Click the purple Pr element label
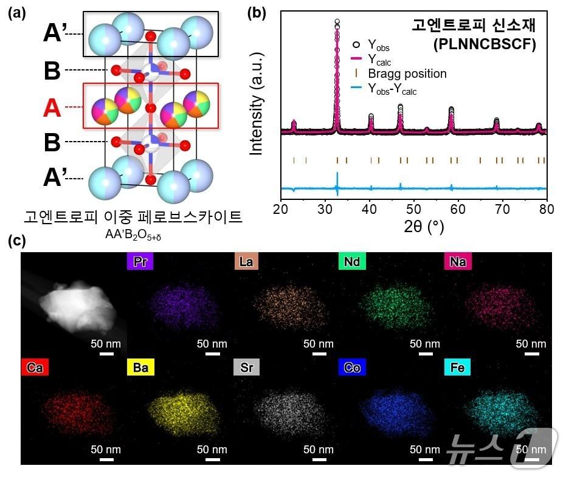point(140,262)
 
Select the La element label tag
point(246,262)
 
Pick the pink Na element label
point(458,262)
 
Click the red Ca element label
point(35,368)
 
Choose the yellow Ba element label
point(140,368)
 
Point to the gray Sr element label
point(246,368)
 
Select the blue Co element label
point(352,368)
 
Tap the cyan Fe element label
point(458,368)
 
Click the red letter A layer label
point(52,108)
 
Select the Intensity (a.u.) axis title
point(257,107)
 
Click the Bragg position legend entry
point(407,74)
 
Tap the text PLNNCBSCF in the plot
point(484,44)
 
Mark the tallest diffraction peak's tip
point(337,22)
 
